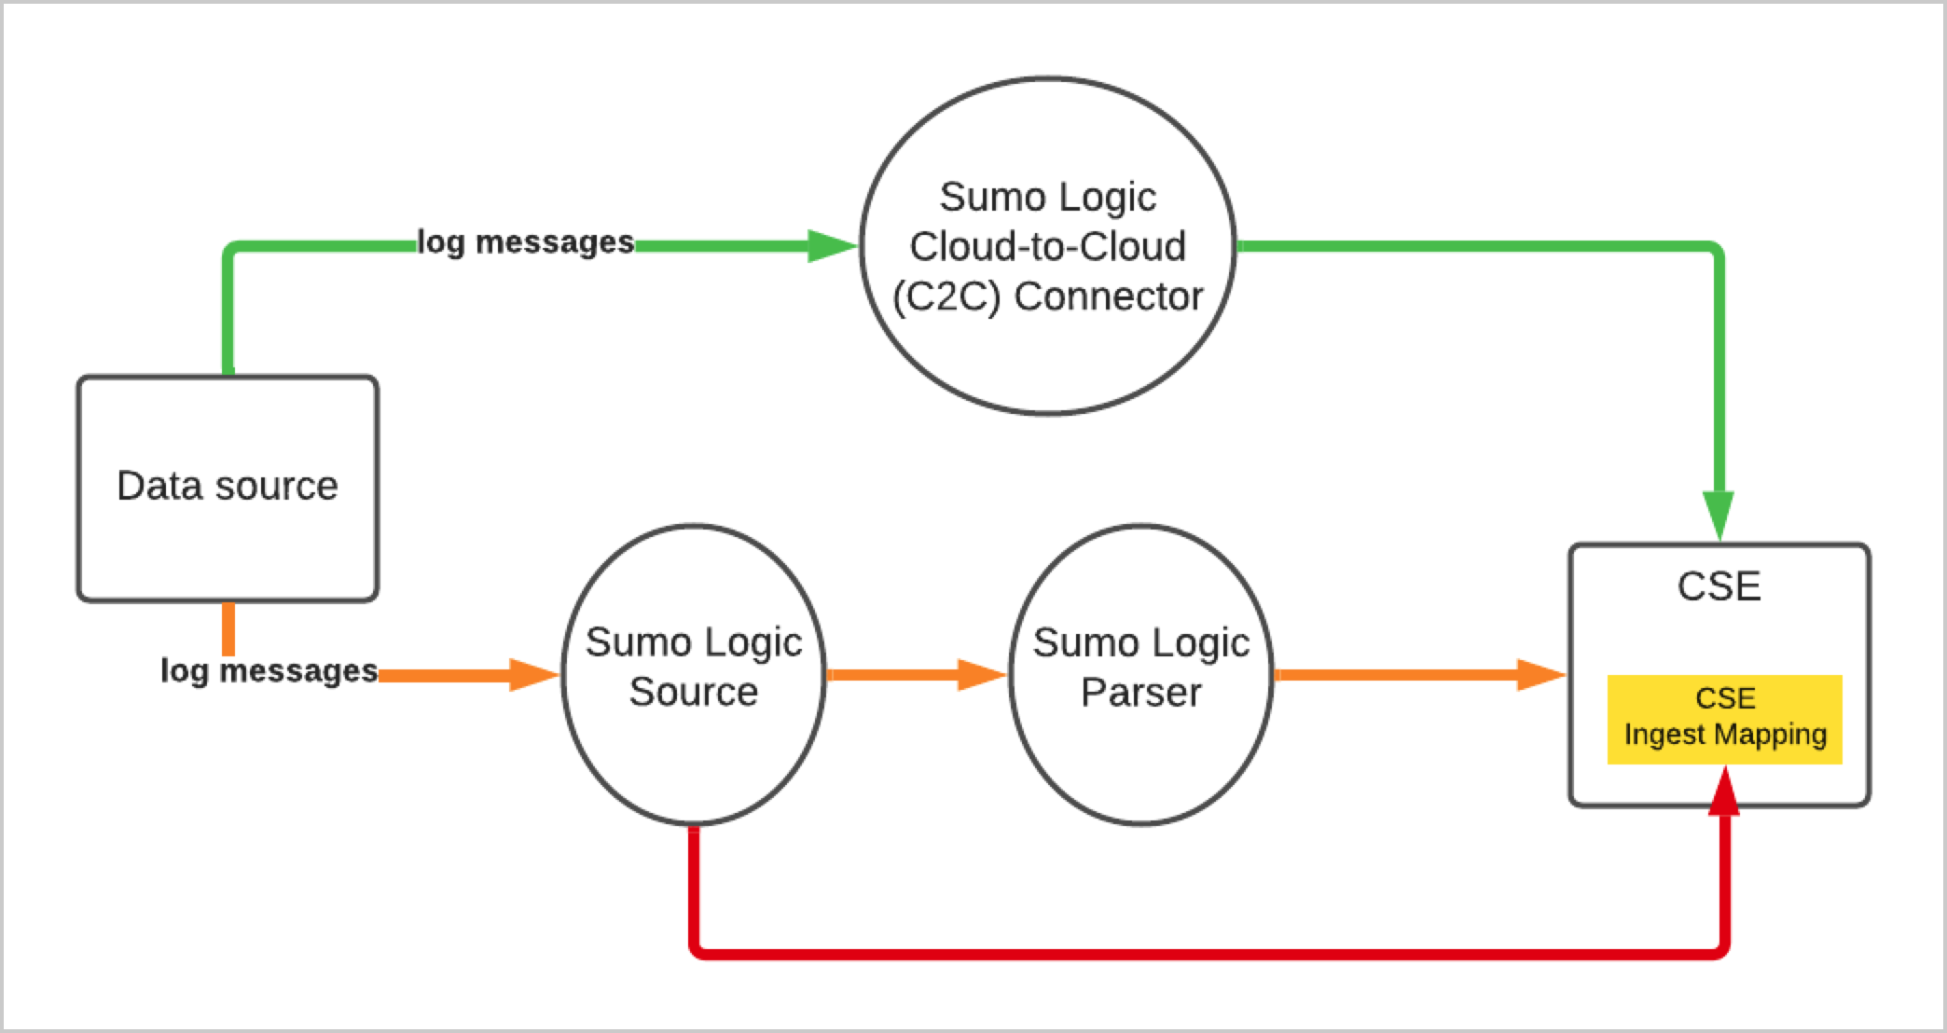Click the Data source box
228,522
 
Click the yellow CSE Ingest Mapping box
1724,718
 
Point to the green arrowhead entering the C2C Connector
830,246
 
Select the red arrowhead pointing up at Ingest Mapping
1724,792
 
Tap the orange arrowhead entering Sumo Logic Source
532,674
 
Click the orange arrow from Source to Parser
914,674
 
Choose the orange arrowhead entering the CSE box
1540,674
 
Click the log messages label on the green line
525,242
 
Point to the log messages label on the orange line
269,670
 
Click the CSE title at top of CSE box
1719,586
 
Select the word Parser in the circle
1140,693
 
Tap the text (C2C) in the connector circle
946,296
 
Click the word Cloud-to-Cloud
1047,247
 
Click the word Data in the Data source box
159,486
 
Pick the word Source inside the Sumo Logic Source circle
693,692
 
